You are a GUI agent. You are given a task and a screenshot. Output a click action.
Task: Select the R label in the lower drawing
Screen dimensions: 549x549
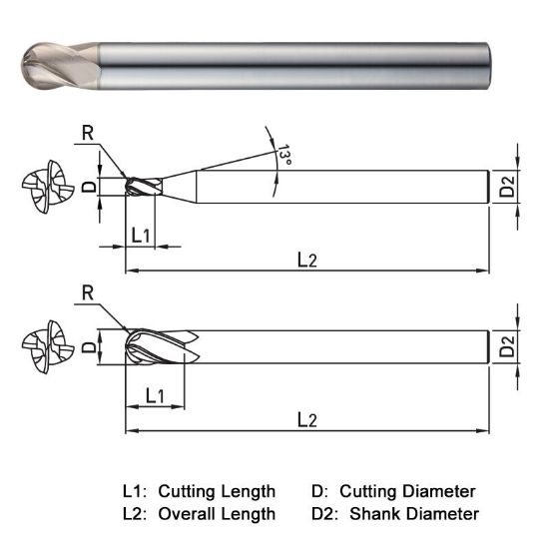point(87,292)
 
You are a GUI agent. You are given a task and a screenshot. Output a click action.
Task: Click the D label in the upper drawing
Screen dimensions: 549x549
point(89,187)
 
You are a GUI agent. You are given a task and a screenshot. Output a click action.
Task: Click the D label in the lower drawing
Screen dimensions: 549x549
point(89,347)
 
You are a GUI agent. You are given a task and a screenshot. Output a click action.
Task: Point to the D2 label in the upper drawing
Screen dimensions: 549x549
point(508,187)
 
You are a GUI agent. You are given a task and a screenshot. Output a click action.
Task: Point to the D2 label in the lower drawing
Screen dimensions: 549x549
point(508,347)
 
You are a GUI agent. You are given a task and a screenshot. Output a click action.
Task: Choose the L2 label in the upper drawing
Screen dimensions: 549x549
point(307,259)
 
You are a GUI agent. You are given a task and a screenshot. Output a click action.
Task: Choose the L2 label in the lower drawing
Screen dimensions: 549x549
point(307,420)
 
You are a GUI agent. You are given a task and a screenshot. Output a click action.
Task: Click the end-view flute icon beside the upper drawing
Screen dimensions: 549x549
point(45,187)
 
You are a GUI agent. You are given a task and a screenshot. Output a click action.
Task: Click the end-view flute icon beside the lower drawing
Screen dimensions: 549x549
point(45,347)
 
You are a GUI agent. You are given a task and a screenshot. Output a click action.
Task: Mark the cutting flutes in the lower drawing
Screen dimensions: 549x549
point(160,347)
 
